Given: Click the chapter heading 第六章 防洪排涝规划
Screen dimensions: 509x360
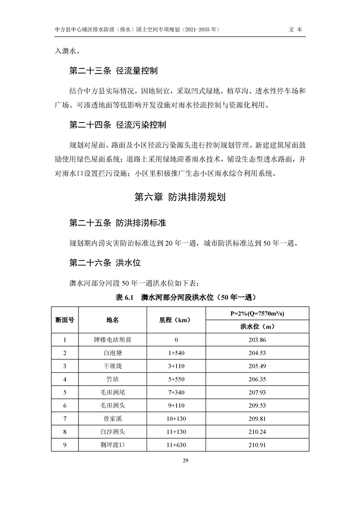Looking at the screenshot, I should (180, 198).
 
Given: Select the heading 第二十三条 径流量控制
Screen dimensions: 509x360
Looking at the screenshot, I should (113, 71).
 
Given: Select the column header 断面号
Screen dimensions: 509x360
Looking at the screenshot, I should (65, 320).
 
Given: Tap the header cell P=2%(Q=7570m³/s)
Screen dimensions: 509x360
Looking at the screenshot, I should (257, 313).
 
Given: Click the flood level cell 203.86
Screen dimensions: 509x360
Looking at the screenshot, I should (257, 340).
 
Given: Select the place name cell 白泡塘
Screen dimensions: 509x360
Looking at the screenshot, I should (112, 353).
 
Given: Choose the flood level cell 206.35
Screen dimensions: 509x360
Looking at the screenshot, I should (257, 379).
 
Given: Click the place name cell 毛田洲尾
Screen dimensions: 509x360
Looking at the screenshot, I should (112, 392).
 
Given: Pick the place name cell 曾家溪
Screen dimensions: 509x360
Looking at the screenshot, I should (112, 419).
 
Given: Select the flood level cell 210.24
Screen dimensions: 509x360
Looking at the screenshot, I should (257, 432).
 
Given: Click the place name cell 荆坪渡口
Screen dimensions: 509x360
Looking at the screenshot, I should (112, 445).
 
